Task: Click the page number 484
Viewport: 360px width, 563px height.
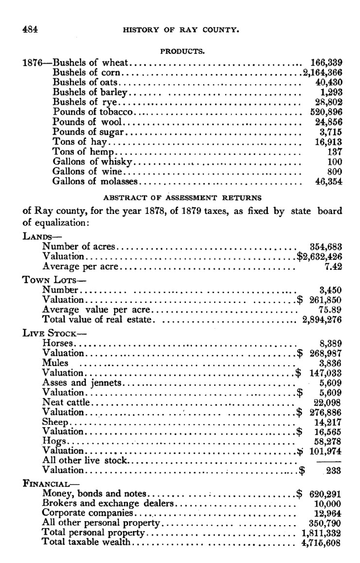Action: click(x=30, y=29)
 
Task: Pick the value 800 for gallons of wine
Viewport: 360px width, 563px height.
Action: click(x=334, y=172)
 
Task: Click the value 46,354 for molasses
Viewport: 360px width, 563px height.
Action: click(x=328, y=181)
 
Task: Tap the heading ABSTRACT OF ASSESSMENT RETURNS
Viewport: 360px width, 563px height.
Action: click(x=182, y=198)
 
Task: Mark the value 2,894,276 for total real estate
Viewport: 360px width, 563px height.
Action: click(x=322, y=319)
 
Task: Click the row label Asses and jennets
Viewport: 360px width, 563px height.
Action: click(x=82, y=383)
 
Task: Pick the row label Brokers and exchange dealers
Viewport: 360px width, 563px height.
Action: click(x=108, y=503)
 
